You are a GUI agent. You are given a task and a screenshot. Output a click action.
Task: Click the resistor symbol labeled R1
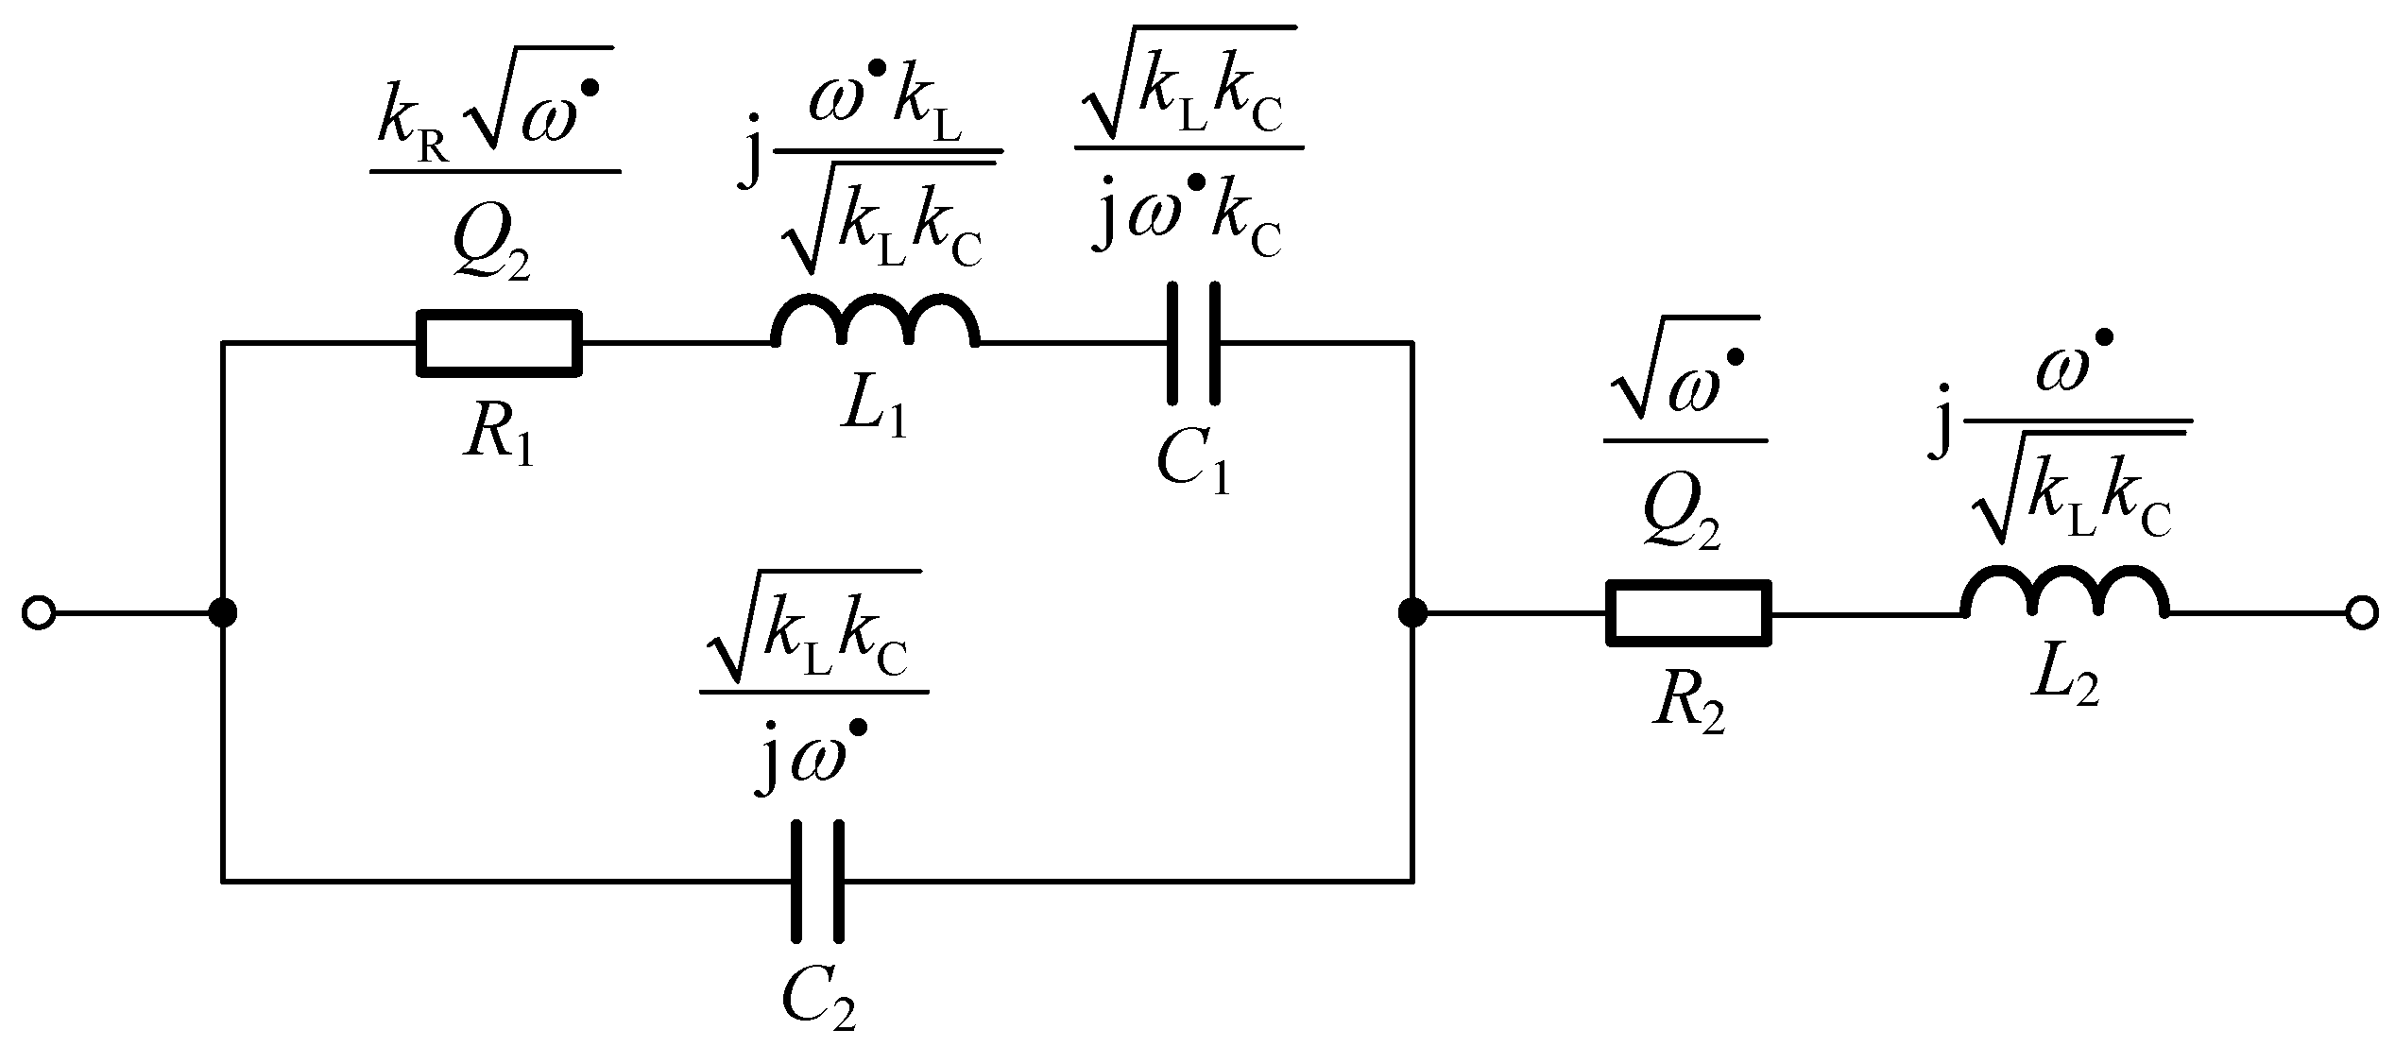(499, 343)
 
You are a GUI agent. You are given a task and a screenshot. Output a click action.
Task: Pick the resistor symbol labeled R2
(1688, 613)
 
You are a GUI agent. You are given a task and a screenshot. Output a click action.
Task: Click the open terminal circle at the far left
(38, 613)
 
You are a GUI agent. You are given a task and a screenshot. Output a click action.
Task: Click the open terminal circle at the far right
(2361, 613)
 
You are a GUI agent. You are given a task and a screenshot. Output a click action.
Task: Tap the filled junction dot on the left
(223, 613)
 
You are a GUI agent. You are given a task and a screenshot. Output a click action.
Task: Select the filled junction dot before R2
(1411, 613)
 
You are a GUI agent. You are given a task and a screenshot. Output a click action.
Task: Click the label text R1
(498, 439)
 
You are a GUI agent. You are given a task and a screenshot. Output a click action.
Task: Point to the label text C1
(1194, 466)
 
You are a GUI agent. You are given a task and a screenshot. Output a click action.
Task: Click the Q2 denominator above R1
(491, 248)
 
